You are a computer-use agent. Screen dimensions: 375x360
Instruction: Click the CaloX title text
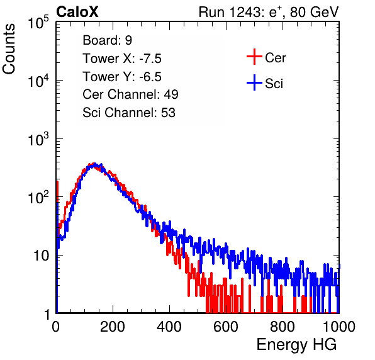[x=77, y=12]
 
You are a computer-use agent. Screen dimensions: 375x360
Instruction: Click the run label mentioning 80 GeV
[x=269, y=12]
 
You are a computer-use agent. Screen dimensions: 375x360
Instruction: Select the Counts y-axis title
[x=9, y=49]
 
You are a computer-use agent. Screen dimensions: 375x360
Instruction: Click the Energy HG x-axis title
[x=296, y=344]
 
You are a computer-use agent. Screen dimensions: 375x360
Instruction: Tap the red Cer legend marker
[x=254, y=57]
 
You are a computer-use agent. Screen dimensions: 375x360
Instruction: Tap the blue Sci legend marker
[x=254, y=82]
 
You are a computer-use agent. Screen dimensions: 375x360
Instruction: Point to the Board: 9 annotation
[x=107, y=40]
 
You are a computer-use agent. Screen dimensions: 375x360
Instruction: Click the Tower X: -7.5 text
[x=122, y=59]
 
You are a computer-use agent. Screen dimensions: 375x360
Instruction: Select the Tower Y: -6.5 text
[x=122, y=77]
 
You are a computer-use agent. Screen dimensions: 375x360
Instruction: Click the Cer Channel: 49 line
[x=130, y=94]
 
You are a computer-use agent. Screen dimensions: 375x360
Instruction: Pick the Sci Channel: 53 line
[x=129, y=113]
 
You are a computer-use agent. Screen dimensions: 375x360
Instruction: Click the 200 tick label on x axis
[x=113, y=327]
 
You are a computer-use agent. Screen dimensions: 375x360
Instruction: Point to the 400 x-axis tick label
[x=169, y=327]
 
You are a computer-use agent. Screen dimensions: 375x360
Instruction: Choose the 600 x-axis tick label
[x=226, y=327]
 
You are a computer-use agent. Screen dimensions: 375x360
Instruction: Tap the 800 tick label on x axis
[x=283, y=327]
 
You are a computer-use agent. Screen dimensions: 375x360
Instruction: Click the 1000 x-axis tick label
[x=339, y=327]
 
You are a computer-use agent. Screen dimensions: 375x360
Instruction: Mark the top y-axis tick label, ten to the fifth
[x=38, y=23]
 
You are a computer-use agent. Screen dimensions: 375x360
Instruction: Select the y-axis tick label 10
[x=42, y=256]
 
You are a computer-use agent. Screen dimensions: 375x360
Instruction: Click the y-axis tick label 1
[x=47, y=314]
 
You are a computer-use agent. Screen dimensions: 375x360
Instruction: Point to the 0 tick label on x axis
[x=56, y=327]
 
